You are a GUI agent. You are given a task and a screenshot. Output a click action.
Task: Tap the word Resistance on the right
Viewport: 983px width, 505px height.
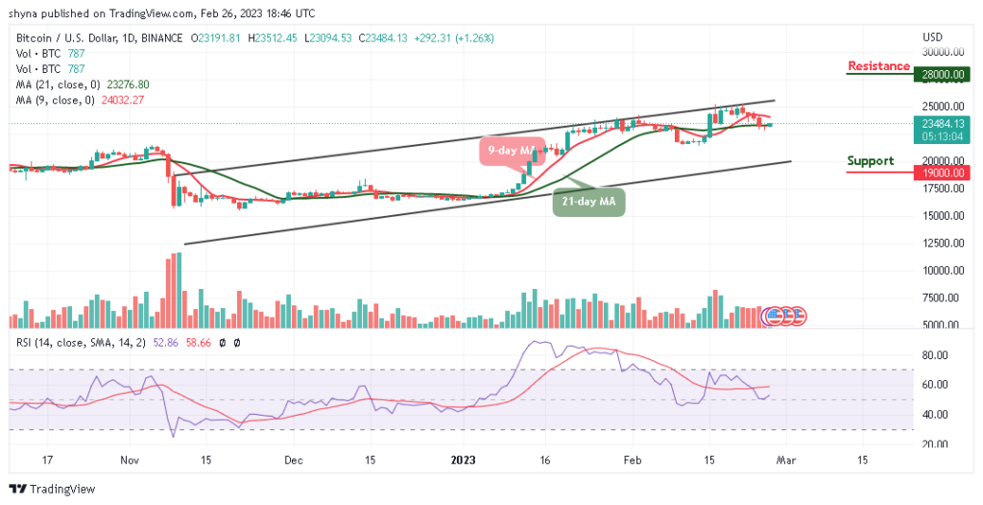[x=878, y=66]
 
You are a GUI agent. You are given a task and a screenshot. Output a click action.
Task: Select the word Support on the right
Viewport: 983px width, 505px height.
[x=870, y=161]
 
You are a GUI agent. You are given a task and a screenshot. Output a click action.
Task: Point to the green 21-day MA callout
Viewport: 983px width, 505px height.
[x=588, y=202]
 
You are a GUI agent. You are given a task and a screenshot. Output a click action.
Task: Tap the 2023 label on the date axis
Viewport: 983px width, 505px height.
[x=468, y=460]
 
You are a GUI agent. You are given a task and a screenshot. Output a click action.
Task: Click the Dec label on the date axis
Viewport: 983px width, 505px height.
[x=295, y=460]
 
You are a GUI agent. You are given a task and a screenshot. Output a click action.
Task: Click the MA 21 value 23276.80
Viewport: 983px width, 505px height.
[x=127, y=84]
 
